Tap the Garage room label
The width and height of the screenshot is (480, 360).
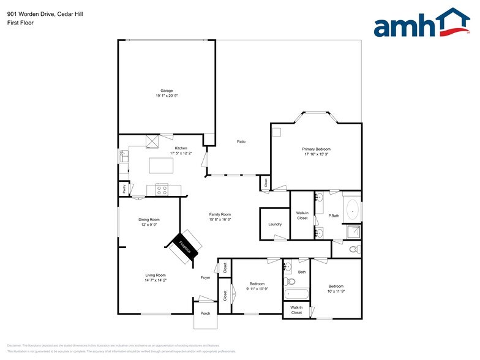(167, 91)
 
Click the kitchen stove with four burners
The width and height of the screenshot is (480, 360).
(162, 190)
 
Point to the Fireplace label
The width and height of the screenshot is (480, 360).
(185, 247)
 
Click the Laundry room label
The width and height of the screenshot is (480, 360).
(275, 224)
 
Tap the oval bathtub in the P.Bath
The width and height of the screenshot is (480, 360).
(352, 211)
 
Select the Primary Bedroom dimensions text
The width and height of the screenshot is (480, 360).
(316, 154)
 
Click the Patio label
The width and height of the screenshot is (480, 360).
(242, 142)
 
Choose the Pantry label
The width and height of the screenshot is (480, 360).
(124, 190)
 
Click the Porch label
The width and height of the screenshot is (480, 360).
(206, 313)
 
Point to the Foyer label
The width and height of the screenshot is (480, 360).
(206, 277)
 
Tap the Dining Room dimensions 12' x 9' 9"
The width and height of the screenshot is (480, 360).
(149, 225)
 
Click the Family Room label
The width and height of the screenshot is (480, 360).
(220, 214)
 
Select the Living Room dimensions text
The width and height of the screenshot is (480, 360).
(156, 280)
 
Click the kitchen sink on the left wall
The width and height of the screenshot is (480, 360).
(124, 157)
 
